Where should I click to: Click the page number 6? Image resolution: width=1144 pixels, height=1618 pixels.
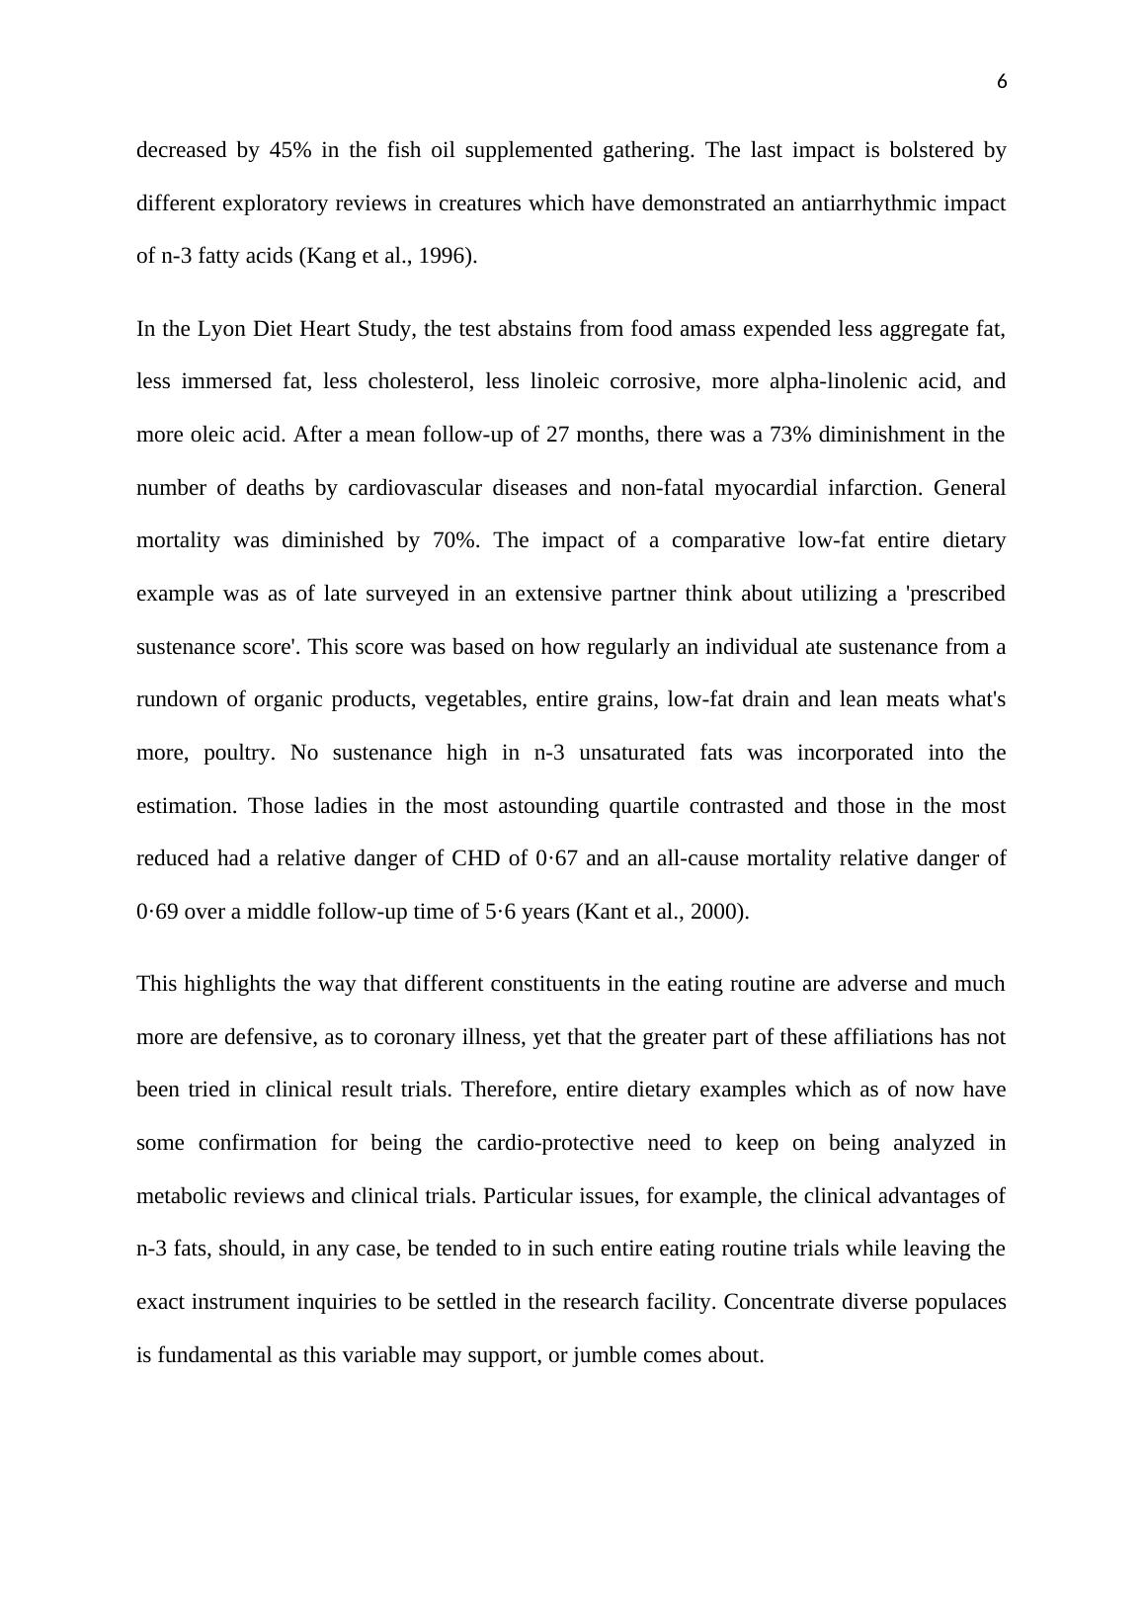[1002, 82]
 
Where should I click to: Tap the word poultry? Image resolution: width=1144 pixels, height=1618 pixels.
[238, 753]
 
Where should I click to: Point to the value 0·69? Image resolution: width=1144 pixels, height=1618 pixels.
[157, 912]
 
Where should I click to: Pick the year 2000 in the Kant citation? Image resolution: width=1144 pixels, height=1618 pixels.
[720, 912]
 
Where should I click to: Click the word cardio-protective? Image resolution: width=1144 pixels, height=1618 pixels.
[555, 1143]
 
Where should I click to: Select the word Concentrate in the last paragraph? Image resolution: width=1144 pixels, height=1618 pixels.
[779, 1302]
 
